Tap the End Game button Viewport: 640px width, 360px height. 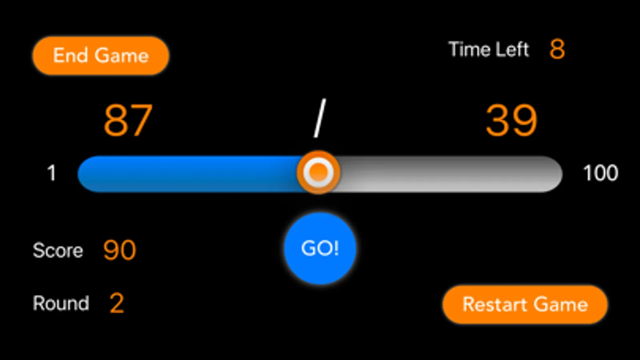(x=100, y=55)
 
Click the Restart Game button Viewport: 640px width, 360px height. (x=525, y=304)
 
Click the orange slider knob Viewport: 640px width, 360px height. (x=318, y=172)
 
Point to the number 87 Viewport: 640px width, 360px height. (x=128, y=120)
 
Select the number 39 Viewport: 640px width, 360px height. (x=511, y=120)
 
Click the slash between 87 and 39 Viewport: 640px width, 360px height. (x=319, y=119)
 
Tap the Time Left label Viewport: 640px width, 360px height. (x=488, y=50)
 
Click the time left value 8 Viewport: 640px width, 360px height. (x=557, y=50)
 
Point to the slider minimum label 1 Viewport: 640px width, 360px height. (x=51, y=174)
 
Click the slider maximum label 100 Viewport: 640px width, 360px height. (x=600, y=174)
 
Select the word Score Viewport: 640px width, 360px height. (x=58, y=251)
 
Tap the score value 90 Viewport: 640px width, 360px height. (x=120, y=250)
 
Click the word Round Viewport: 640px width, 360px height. (x=61, y=303)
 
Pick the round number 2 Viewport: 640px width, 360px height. (x=116, y=303)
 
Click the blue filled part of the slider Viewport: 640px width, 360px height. (x=188, y=174)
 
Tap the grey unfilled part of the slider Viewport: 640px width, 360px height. (x=448, y=174)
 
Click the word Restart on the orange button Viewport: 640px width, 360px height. (x=495, y=304)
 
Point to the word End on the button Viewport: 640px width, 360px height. (x=70, y=55)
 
